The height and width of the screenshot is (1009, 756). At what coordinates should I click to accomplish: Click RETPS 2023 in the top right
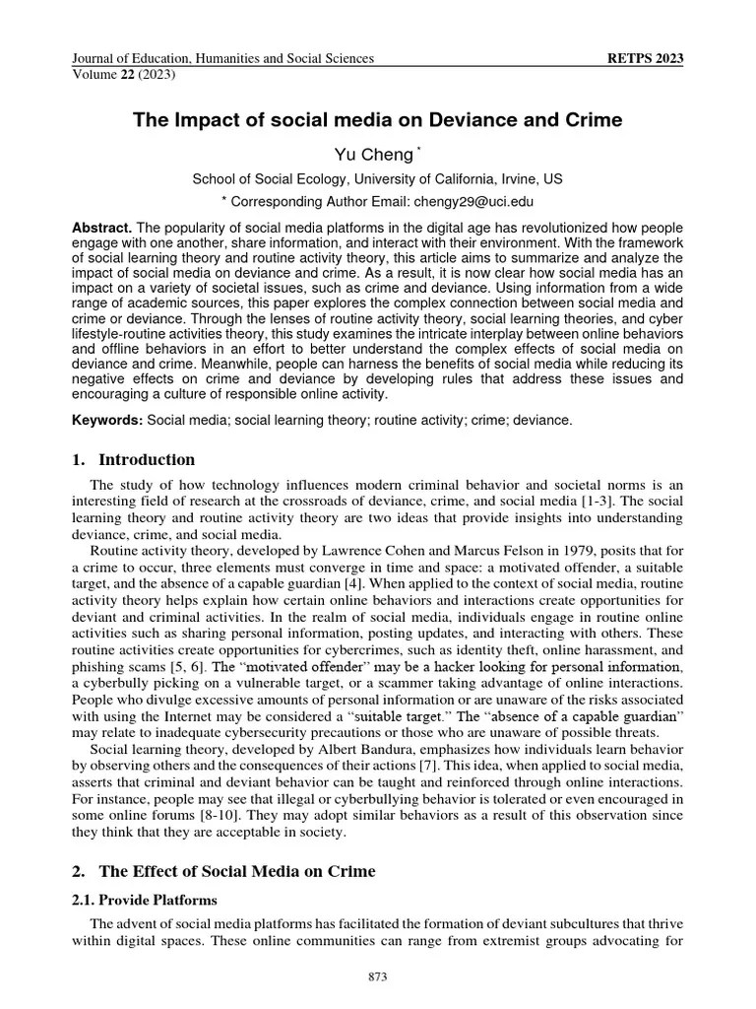coord(647,59)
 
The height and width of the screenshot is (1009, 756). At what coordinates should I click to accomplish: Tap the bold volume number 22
coord(126,74)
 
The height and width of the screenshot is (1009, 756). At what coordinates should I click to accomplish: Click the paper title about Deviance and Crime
coord(378,121)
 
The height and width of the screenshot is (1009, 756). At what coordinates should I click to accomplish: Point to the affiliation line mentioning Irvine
coord(378,178)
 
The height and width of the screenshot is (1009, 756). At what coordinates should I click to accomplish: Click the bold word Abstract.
coord(100,228)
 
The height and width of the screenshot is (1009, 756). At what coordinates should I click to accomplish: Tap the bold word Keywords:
coord(108,421)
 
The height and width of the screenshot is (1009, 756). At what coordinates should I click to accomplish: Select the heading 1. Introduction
coord(134,460)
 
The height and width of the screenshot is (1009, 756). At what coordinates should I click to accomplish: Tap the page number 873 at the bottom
coord(378,976)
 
